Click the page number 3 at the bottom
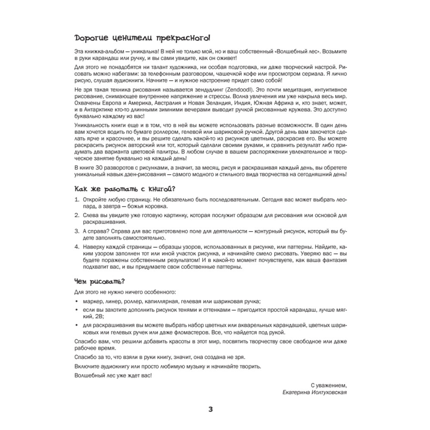211,409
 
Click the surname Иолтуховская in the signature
327,393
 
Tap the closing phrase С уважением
328,385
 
